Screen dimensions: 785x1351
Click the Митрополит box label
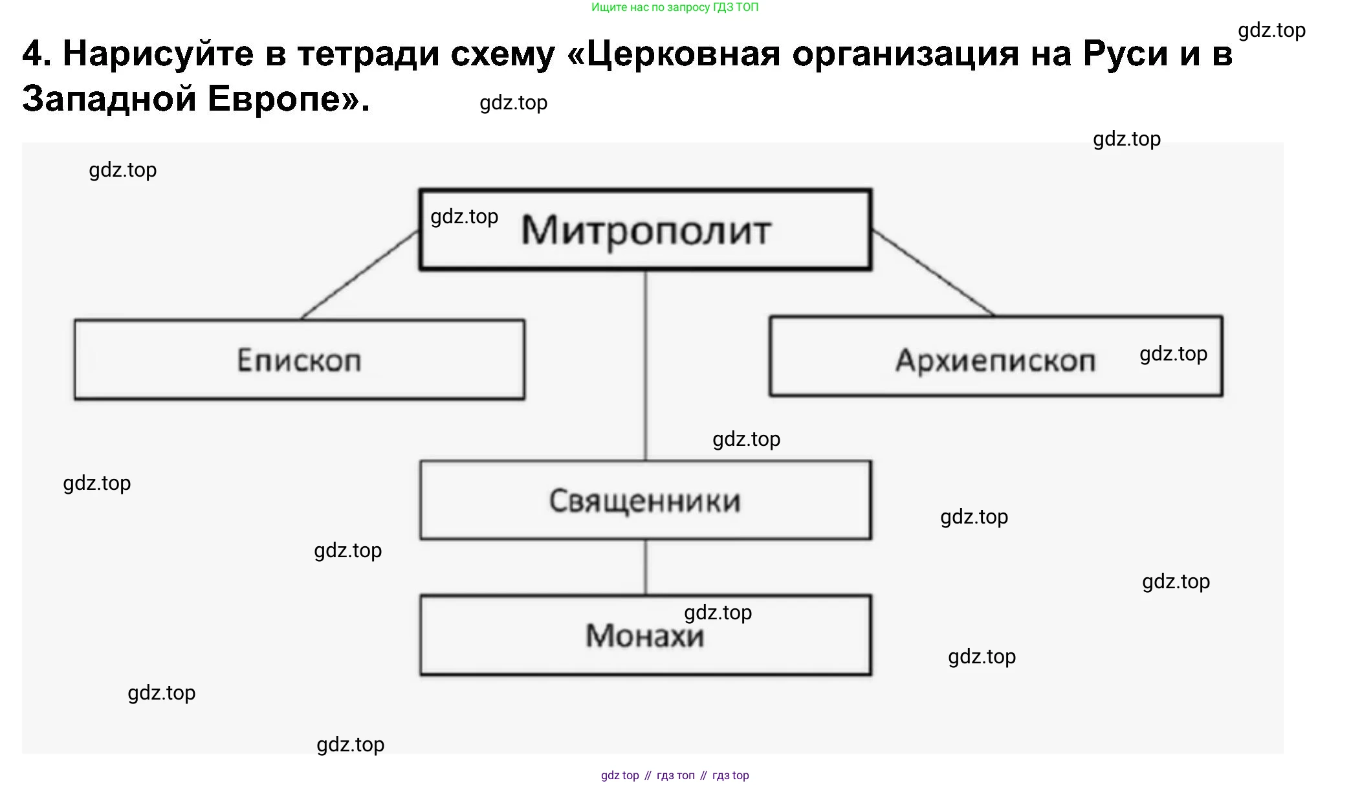[x=646, y=230]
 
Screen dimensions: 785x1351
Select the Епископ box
[x=299, y=360]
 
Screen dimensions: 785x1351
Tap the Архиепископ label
[x=994, y=361]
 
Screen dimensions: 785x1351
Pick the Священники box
[x=645, y=500]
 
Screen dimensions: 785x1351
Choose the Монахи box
[x=645, y=636]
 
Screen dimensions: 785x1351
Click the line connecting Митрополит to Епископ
[x=360, y=275]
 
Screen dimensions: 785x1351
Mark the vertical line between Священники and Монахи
[x=645, y=567]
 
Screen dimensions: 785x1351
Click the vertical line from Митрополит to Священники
[x=645, y=366]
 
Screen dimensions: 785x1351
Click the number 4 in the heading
[x=36, y=53]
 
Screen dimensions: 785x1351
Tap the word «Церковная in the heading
[x=673, y=53]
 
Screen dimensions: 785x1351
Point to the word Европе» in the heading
[x=289, y=99]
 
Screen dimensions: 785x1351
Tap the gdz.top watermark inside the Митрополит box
[x=464, y=216]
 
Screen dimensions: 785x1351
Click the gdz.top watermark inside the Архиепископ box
[x=1172, y=353]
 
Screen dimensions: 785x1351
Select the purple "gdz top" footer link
[x=619, y=775]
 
